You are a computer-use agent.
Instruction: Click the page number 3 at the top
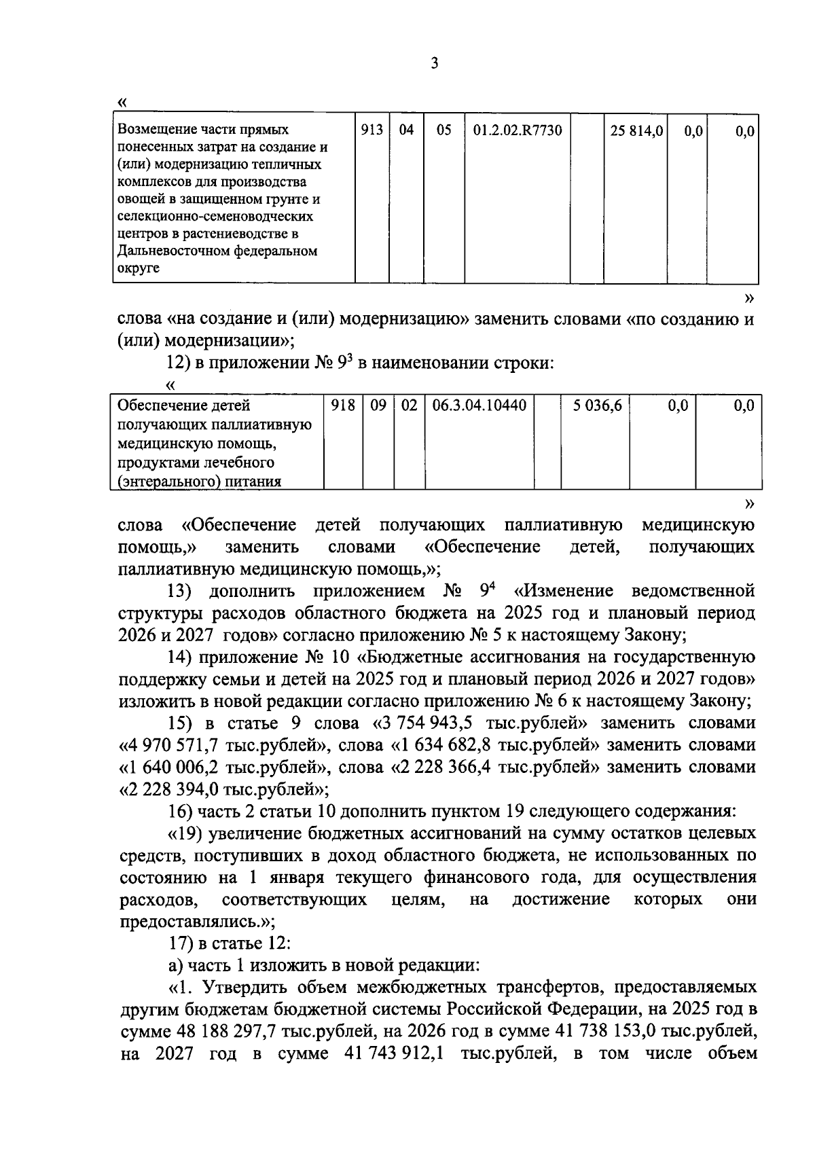click(435, 64)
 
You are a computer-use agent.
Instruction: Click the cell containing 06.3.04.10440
click(479, 406)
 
